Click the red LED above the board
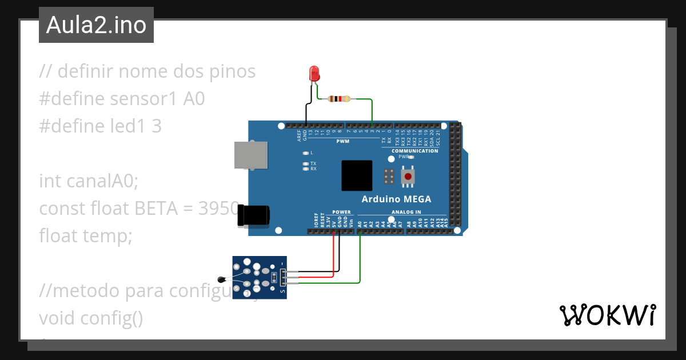(314, 74)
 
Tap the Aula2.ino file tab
(96, 25)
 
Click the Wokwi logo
(607, 315)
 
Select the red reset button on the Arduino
(408, 177)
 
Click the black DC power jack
(254, 215)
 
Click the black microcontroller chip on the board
(357, 175)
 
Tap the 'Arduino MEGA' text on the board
(396, 199)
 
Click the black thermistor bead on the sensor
(222, 279)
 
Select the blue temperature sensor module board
(260, 277)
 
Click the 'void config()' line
(91, 318)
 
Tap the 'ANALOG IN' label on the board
(406, 212)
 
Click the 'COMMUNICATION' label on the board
(414, 151)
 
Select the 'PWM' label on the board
(342, 141)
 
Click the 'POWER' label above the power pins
(341, 212)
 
